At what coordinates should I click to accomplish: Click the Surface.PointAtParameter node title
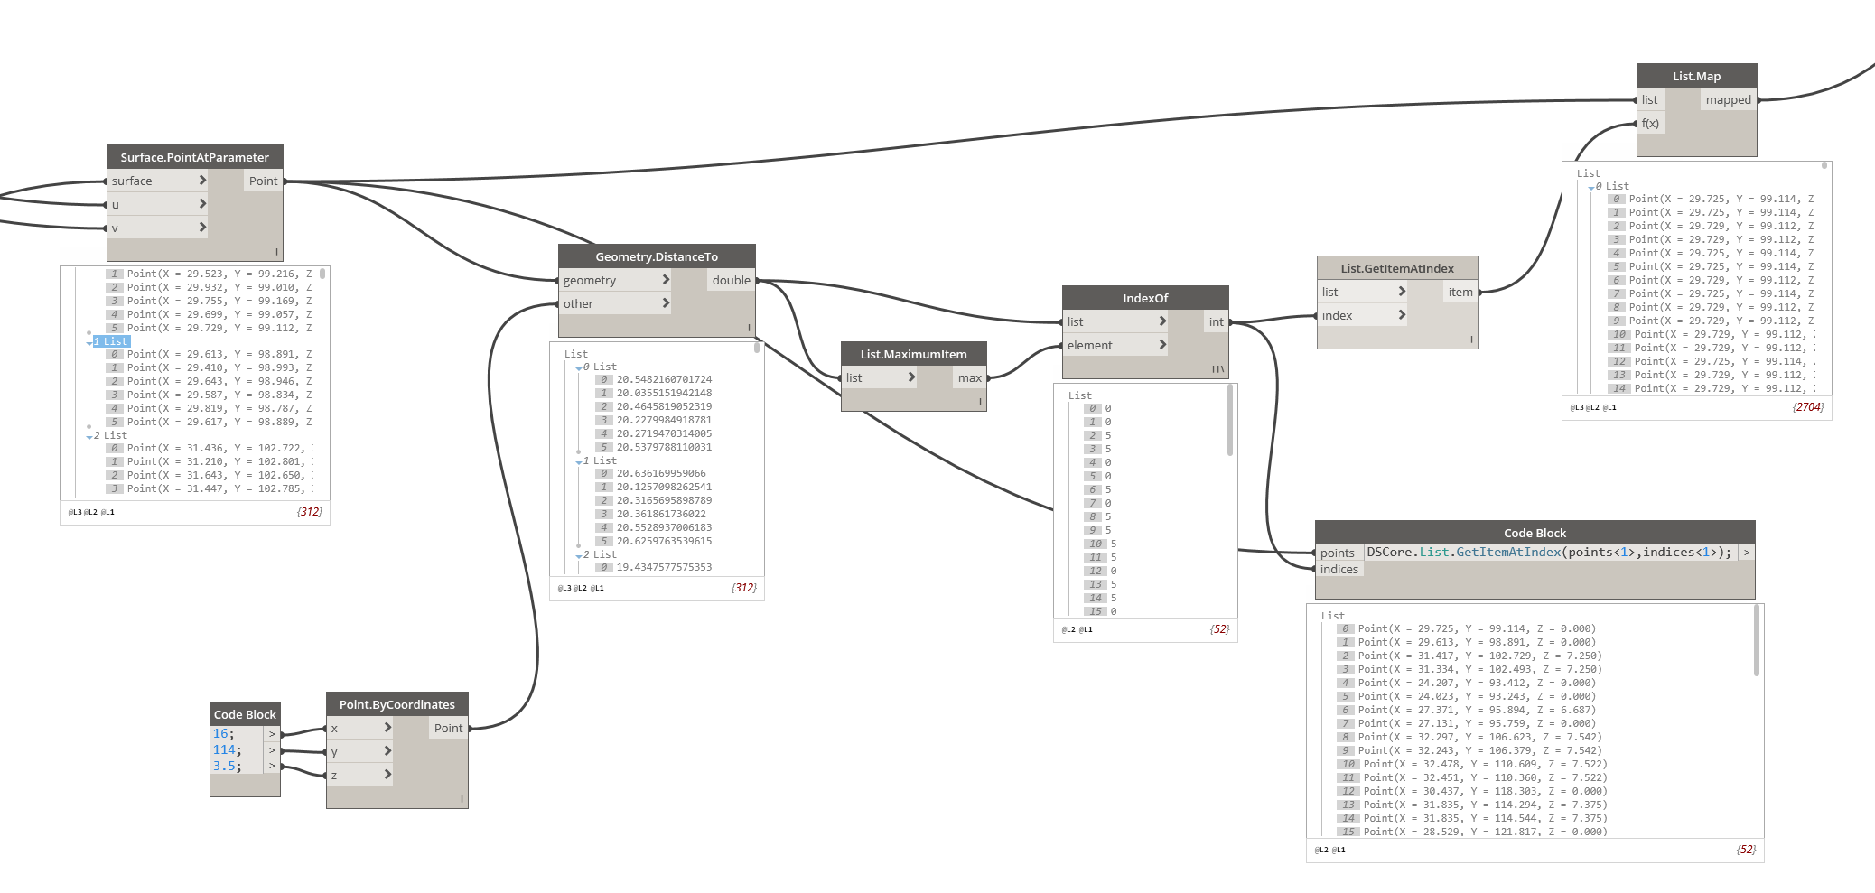click(x=194, y=157)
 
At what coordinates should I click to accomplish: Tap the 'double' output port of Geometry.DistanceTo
click(x=731, y=280)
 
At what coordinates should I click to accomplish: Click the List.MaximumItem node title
click(x=913, y=354)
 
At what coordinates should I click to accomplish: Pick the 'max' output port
click(x=969, y=377)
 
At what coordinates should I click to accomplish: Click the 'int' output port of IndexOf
click(x=1216, y=321)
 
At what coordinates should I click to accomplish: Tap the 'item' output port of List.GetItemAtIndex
click(x=1460, y=292)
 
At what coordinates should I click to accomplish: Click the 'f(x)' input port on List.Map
click(x=1650, y=123)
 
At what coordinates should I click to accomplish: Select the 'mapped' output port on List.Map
click(x=1728, y=99)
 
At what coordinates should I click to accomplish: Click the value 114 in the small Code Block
click(x=225, y=749)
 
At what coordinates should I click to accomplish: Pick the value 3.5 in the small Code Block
click(x=226, y=766)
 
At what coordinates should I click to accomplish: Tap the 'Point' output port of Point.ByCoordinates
click(x=448, y=728)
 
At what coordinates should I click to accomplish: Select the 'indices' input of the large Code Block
click(x=1339, y=569)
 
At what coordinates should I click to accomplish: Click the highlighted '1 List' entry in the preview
click(x=112, y=341)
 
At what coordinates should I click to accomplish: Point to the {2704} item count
click(x=1808, y=407)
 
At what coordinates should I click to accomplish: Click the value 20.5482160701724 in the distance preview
click(x=664, y=379)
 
